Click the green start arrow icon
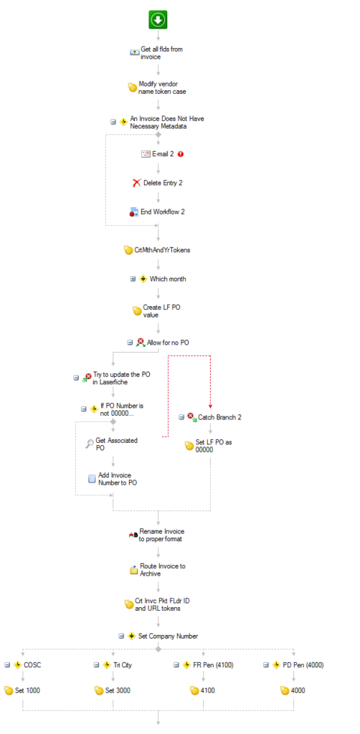point(158,19)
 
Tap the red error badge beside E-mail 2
point(181,153)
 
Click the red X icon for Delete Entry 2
point(137,183)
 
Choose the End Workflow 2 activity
point(157,212)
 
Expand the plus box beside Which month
point(133,279)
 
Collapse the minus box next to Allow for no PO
point(130,343)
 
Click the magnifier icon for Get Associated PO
point(90,444)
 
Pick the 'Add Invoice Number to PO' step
point(113,479)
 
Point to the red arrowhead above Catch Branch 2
point(210,406)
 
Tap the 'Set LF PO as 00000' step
point(199,446)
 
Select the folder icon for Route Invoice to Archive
point(133,570)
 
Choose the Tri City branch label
point(123,664)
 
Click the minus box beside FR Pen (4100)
point(176,664)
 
